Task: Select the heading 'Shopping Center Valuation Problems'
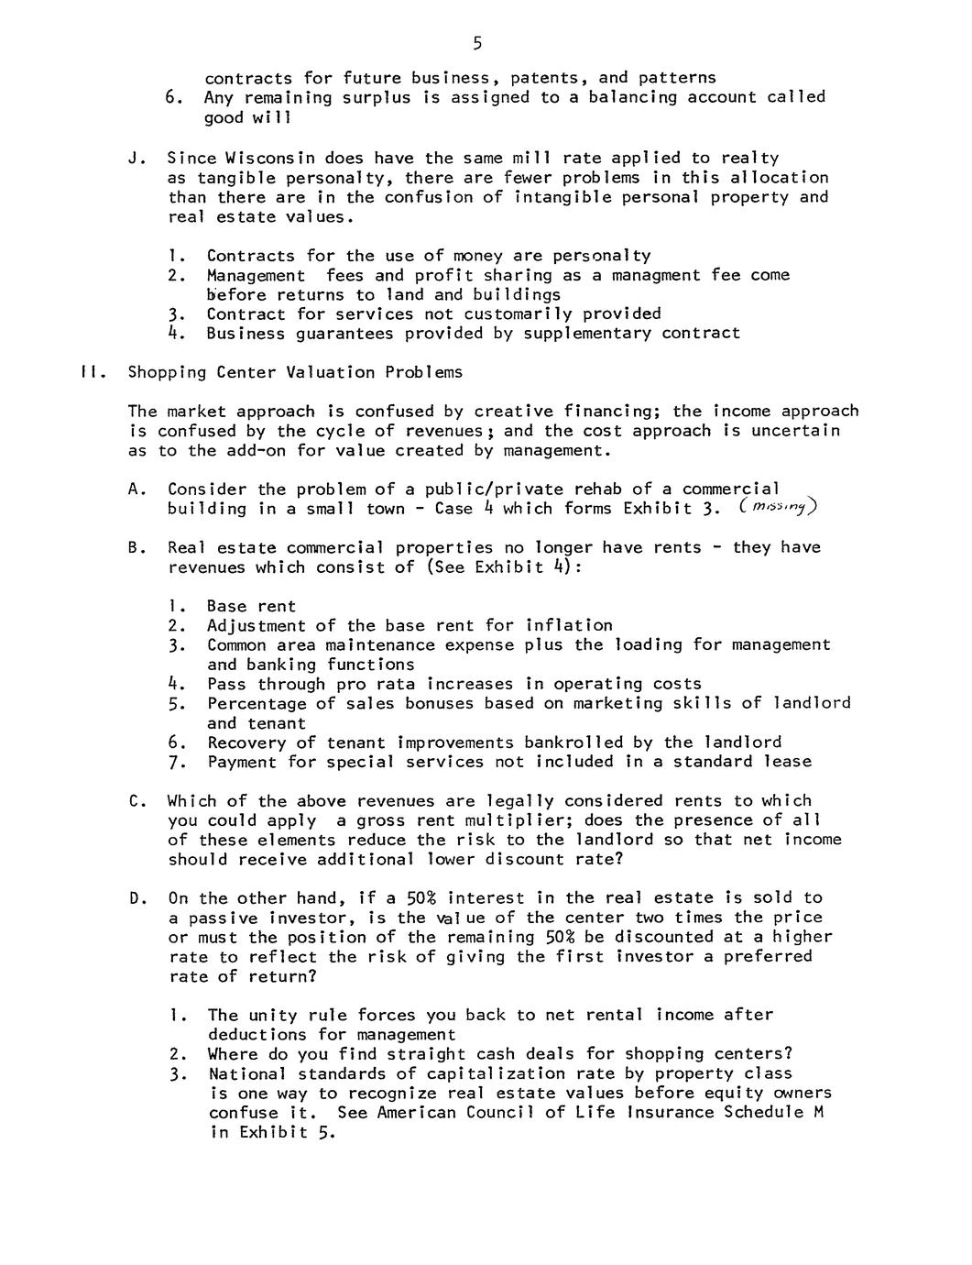click(x=295, y=372)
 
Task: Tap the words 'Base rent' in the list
click(x=251, y=606)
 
